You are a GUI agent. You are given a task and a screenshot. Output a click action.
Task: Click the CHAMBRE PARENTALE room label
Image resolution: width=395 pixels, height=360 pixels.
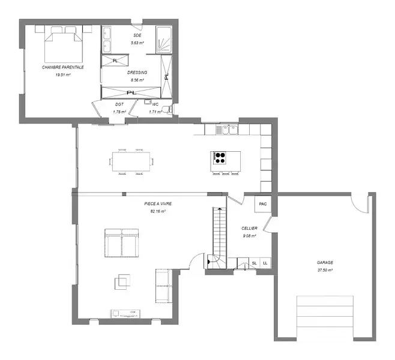point(62,67)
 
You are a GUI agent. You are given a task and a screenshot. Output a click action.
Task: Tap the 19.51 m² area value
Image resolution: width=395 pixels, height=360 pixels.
point(62,75)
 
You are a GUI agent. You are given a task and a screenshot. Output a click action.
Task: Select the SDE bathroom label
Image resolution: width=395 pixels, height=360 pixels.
point(137,35)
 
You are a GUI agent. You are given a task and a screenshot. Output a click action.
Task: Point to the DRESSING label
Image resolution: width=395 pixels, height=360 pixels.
point(137,73)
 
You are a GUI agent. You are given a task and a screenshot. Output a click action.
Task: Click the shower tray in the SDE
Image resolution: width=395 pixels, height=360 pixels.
point(164,40)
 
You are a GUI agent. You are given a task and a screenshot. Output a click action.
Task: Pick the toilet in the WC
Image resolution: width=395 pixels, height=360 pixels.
point(167,109)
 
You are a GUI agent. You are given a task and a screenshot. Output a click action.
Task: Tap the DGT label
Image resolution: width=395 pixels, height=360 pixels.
point(119,104)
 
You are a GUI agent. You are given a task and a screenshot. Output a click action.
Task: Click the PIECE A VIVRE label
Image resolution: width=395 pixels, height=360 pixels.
point(158,203)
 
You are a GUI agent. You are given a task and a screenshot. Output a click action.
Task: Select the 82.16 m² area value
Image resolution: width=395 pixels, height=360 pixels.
point(158,211)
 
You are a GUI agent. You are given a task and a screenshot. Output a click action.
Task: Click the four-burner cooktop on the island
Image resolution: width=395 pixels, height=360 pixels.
point(219,158)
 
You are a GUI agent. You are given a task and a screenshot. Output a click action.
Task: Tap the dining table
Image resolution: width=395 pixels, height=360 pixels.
point(131,161)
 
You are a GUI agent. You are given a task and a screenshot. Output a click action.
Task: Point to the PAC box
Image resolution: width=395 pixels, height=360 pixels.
point(263,204)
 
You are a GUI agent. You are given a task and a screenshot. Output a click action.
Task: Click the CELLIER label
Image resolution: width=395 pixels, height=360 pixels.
point(249,229)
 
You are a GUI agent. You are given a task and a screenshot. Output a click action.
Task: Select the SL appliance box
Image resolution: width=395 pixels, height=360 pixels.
point(255,263)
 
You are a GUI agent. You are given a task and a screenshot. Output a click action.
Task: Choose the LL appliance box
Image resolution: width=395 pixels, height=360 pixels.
point(265,263)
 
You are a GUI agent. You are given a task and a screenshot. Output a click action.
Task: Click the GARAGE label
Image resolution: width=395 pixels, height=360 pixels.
point(325,263)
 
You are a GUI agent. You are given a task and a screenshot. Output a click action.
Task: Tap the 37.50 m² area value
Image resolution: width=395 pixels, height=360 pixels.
point(325,270)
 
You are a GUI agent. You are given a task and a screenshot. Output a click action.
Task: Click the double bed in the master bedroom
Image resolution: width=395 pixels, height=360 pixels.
point(64,45)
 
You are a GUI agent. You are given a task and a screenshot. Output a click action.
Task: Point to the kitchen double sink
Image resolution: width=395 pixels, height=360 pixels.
point(230,130)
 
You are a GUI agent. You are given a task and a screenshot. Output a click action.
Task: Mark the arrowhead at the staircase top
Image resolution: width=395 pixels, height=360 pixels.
point(220,209)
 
